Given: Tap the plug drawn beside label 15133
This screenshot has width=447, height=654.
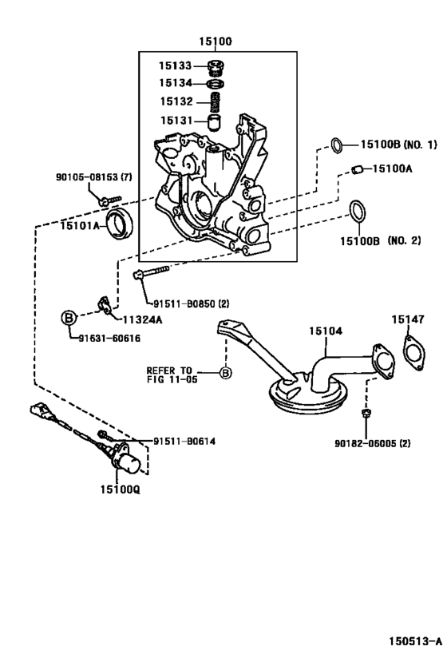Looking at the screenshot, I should click(213, 67).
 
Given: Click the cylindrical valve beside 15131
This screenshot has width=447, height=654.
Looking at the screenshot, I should click(213, 122).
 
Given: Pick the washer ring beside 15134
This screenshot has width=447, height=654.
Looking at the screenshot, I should click(213, 84).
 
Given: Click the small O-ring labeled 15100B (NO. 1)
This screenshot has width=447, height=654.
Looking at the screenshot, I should click(338, 145).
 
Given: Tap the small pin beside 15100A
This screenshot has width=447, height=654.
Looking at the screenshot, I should click(358, 168).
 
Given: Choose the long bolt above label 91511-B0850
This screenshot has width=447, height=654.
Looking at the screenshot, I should click(154, 272).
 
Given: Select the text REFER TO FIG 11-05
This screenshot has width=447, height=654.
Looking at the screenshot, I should click(170, 374).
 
